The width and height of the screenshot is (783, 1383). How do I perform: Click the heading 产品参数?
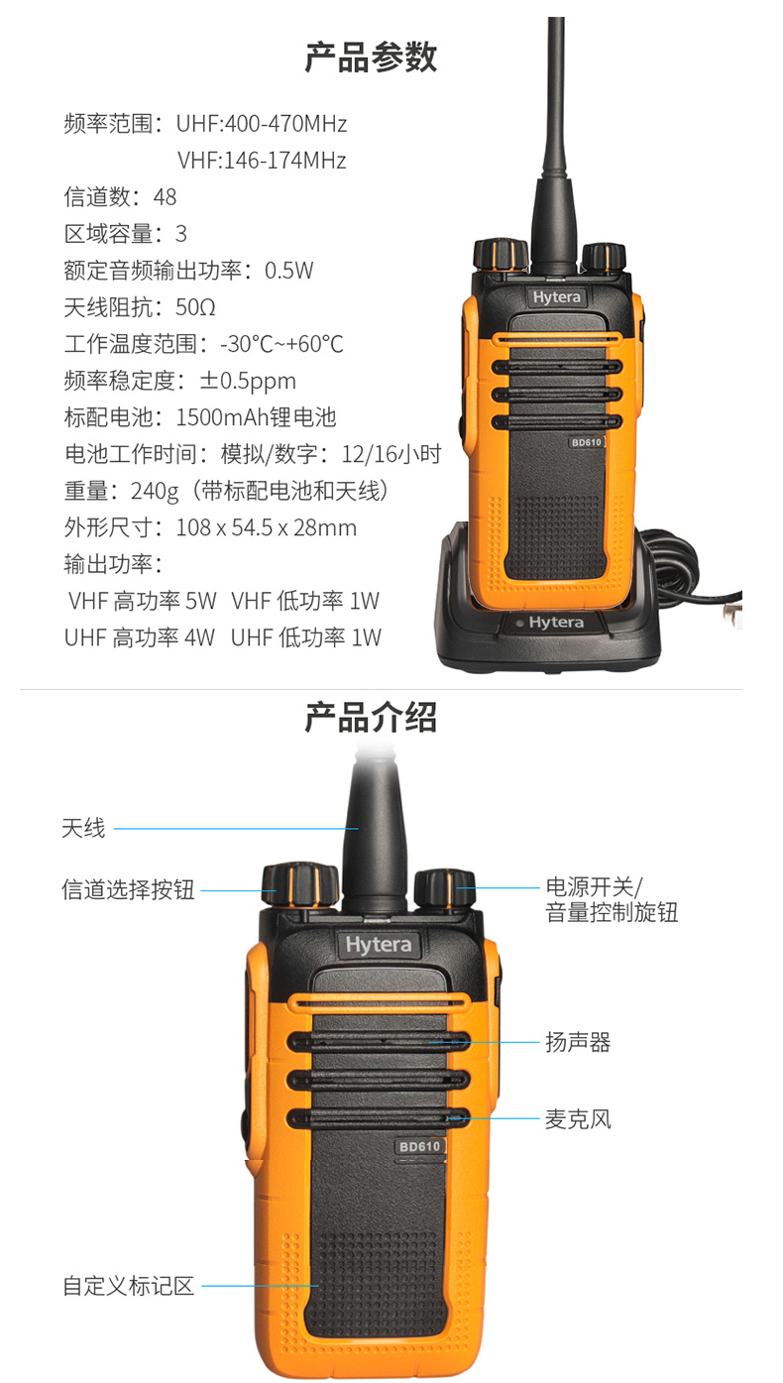click(x=370, y=58)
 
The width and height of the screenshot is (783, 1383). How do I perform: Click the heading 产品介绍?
click(x=370, y=718)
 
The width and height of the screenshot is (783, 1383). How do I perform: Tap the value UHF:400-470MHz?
click(x=262, y=124)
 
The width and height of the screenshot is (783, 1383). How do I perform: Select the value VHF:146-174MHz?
click(x=262, y=161)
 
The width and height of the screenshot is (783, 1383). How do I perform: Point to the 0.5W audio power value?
click(x=288, y=271)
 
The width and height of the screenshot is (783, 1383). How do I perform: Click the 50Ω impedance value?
click(x=195, y=307)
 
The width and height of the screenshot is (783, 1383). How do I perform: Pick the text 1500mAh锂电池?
click(x=256, y=417)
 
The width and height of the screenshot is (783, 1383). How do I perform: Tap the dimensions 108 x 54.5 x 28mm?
click(x=266, y=527)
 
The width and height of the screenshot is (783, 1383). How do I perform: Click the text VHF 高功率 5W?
click(x=142, y=601)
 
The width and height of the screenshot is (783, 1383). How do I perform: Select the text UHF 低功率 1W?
click(x=305, y=637)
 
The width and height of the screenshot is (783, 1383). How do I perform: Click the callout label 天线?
click(x=83, y=828)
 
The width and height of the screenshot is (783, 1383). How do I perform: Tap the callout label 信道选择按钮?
click(x=128, y=890)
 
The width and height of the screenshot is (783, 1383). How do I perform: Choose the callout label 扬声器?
click(x=578, y=1042)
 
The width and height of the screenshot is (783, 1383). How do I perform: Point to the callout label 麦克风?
click(x=578, y=1119)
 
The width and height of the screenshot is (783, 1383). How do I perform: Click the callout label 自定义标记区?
click(x=128, y=1287)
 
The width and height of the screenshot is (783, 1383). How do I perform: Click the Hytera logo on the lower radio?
click(x=378, y=945)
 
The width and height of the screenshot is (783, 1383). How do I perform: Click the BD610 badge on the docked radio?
click(x=585, y=443)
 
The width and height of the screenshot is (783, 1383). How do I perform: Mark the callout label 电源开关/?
click(x=595, y=885)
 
